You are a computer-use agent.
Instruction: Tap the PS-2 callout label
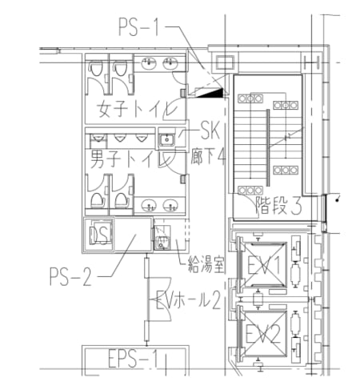pyautogui.click(x=70, y=279)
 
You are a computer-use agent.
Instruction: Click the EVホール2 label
pyautogui.click(x=189, y=300)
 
